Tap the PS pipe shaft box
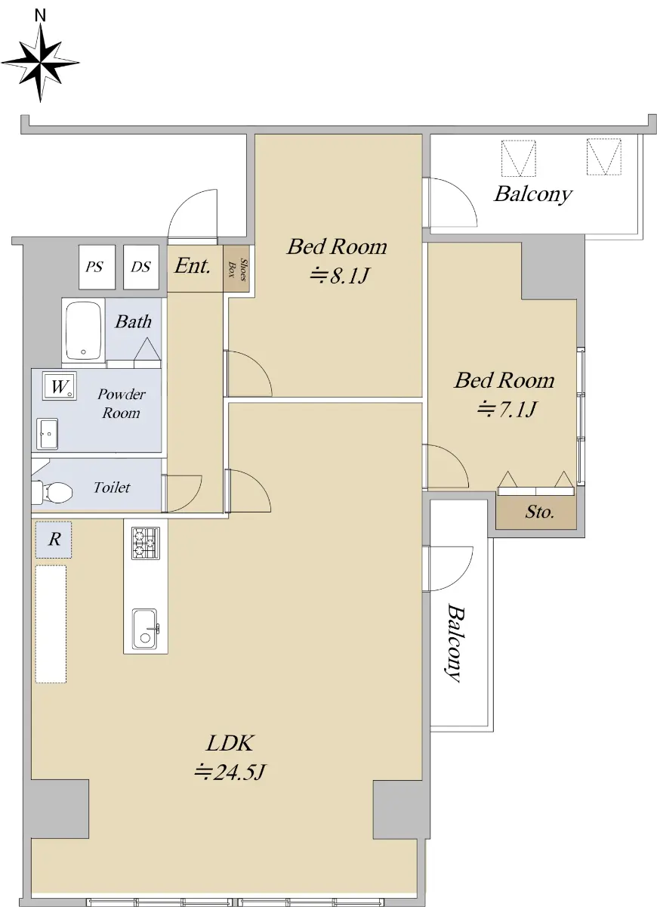click(97, 267)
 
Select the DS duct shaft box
click(140, 267)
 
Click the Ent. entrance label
click(193, 265)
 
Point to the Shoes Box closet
click(236, 268)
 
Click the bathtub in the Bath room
click(83, 331)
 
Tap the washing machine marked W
click(60, 386)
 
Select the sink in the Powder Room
click(47, 434)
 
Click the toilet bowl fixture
click(53, 492)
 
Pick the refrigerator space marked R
click(54, 540)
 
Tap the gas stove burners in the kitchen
click(146, 543)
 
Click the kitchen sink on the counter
click(145, 629)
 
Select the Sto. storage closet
click(536, 512)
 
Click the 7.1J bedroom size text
click(507, 409)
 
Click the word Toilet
click(112, 487)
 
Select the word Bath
click(134, 321)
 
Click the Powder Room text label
click(122, 404)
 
